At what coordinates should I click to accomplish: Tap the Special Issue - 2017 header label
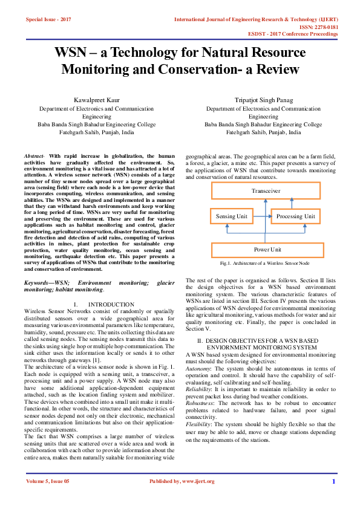click(x=48, y=19)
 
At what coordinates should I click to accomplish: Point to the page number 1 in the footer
click(x=333, y=482)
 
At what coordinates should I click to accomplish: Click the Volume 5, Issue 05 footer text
click(x=48, y=482)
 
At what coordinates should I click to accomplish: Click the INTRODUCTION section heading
click(x=111, y=304)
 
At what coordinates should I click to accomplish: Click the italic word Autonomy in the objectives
click(x=199, y=368)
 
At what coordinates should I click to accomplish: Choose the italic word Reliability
click(x=200, y=388)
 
